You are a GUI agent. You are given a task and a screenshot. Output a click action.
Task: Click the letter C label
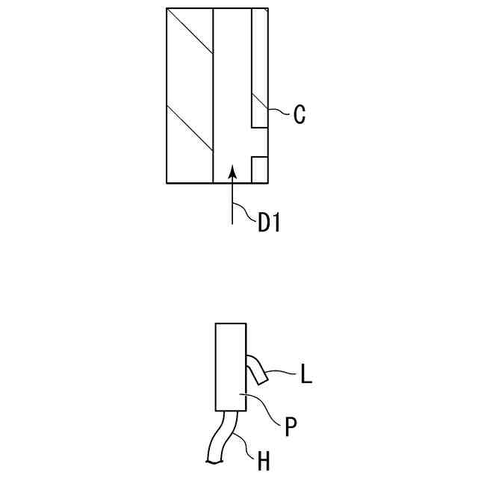click(x=299, y=114)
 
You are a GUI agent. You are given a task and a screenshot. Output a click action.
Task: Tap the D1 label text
click(x=268, y=223)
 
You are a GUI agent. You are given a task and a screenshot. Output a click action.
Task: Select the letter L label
click(x=305, y=373)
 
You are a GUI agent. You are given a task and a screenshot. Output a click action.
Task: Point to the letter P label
click(x=291, y=427)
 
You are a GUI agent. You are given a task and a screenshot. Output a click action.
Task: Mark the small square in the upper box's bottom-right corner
click(x=259, y=170)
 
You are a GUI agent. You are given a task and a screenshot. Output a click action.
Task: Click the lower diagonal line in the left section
click(x=190, y=131)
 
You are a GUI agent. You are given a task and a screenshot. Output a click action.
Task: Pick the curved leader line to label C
click(x=278, y=110)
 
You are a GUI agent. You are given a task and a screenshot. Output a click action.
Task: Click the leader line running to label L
click(x=282, y=370)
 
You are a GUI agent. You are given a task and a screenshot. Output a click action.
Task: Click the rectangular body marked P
click(x=231, y=366)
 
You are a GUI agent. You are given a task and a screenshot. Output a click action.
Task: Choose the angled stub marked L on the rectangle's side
click(x=257, y=370)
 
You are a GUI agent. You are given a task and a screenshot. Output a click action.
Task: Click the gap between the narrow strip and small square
click(x=259, y=142)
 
